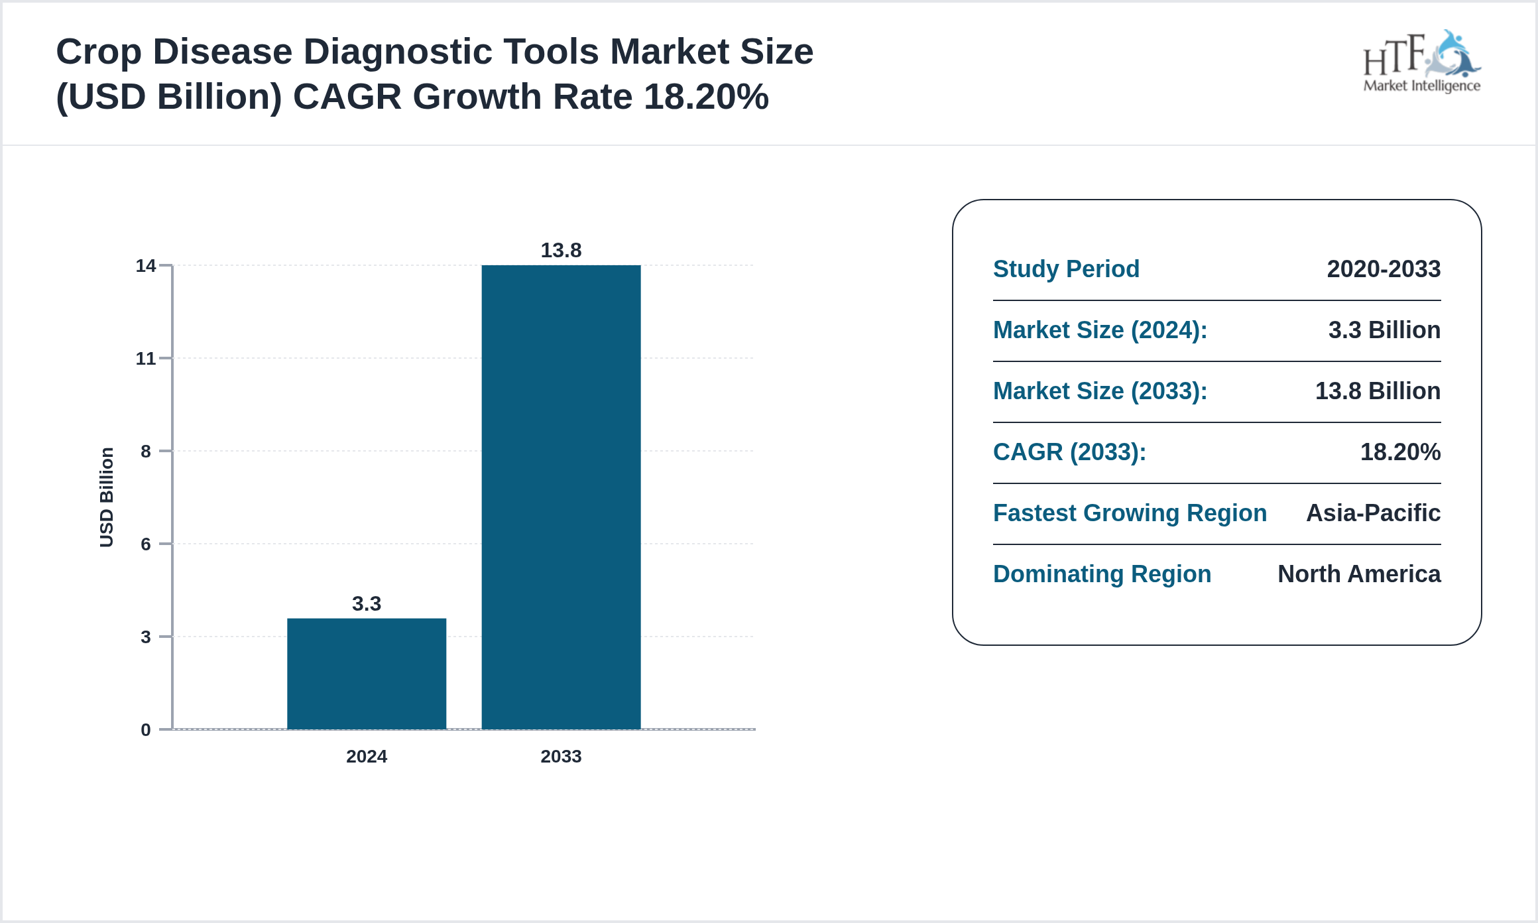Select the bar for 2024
tap(366, 673)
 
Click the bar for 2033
tap(561, 497)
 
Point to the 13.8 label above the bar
tap(561, 250)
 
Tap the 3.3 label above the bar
tap(366, 603)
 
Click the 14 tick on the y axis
tap(145, 266)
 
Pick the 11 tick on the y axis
tap(145, 359)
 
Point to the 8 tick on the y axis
tap(145, 452)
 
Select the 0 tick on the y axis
tap(145, 730)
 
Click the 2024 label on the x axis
tap(366, 757)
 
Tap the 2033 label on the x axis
tap(561, 757)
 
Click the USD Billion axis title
tap(107, 497)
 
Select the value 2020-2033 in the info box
tap(1384, 269)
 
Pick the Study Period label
tap(1066, 269)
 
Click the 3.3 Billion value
tap(1384, 330)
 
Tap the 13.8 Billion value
tap(1378, 391)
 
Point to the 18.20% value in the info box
tap(1400, 452)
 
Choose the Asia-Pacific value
tap(1373, 513)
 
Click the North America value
tap(1359, 574)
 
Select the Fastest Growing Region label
tap(1130, 513)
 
